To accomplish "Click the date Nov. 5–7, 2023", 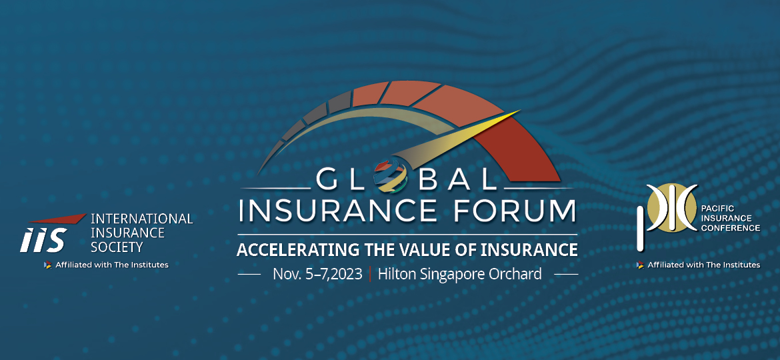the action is pyautogui.click(x=317, y=274).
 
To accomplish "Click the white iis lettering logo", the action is pyautogui.click(x=42, y=240).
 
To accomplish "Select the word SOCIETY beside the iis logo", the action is pyautogui.click(x=117, y=247).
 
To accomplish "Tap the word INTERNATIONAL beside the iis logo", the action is pyautogui.click(x=142, y=219).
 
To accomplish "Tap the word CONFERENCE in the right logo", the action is pyautogui.click(x=730, y=228).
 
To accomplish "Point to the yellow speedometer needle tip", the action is pyautogui.click(x=519, y=111).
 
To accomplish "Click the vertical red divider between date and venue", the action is pyautogui.click(x=369, y=274).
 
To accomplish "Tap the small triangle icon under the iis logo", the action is pyautogui.click(x=47, y=265).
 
